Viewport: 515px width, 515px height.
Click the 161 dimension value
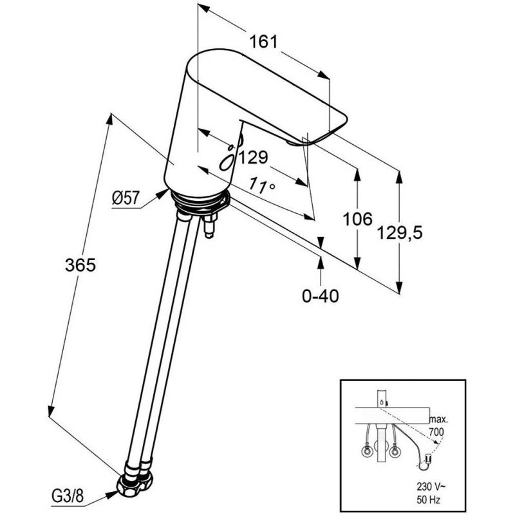263,42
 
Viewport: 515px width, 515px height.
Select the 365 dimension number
80,265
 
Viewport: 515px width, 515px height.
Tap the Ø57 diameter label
126,198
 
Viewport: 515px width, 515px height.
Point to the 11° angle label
262,185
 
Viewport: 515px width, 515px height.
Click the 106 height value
357,219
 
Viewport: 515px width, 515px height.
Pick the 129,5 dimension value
399,233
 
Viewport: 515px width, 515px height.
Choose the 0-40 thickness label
320,296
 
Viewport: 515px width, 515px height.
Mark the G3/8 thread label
68,496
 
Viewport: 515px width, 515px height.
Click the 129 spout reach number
253,158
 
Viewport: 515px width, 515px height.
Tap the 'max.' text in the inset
439,420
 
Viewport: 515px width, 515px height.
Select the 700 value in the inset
436,432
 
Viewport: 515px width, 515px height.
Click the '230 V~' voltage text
431,486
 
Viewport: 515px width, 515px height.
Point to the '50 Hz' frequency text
428,500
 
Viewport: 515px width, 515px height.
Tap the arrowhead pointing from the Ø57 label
163,193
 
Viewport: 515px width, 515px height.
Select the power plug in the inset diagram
427,458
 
